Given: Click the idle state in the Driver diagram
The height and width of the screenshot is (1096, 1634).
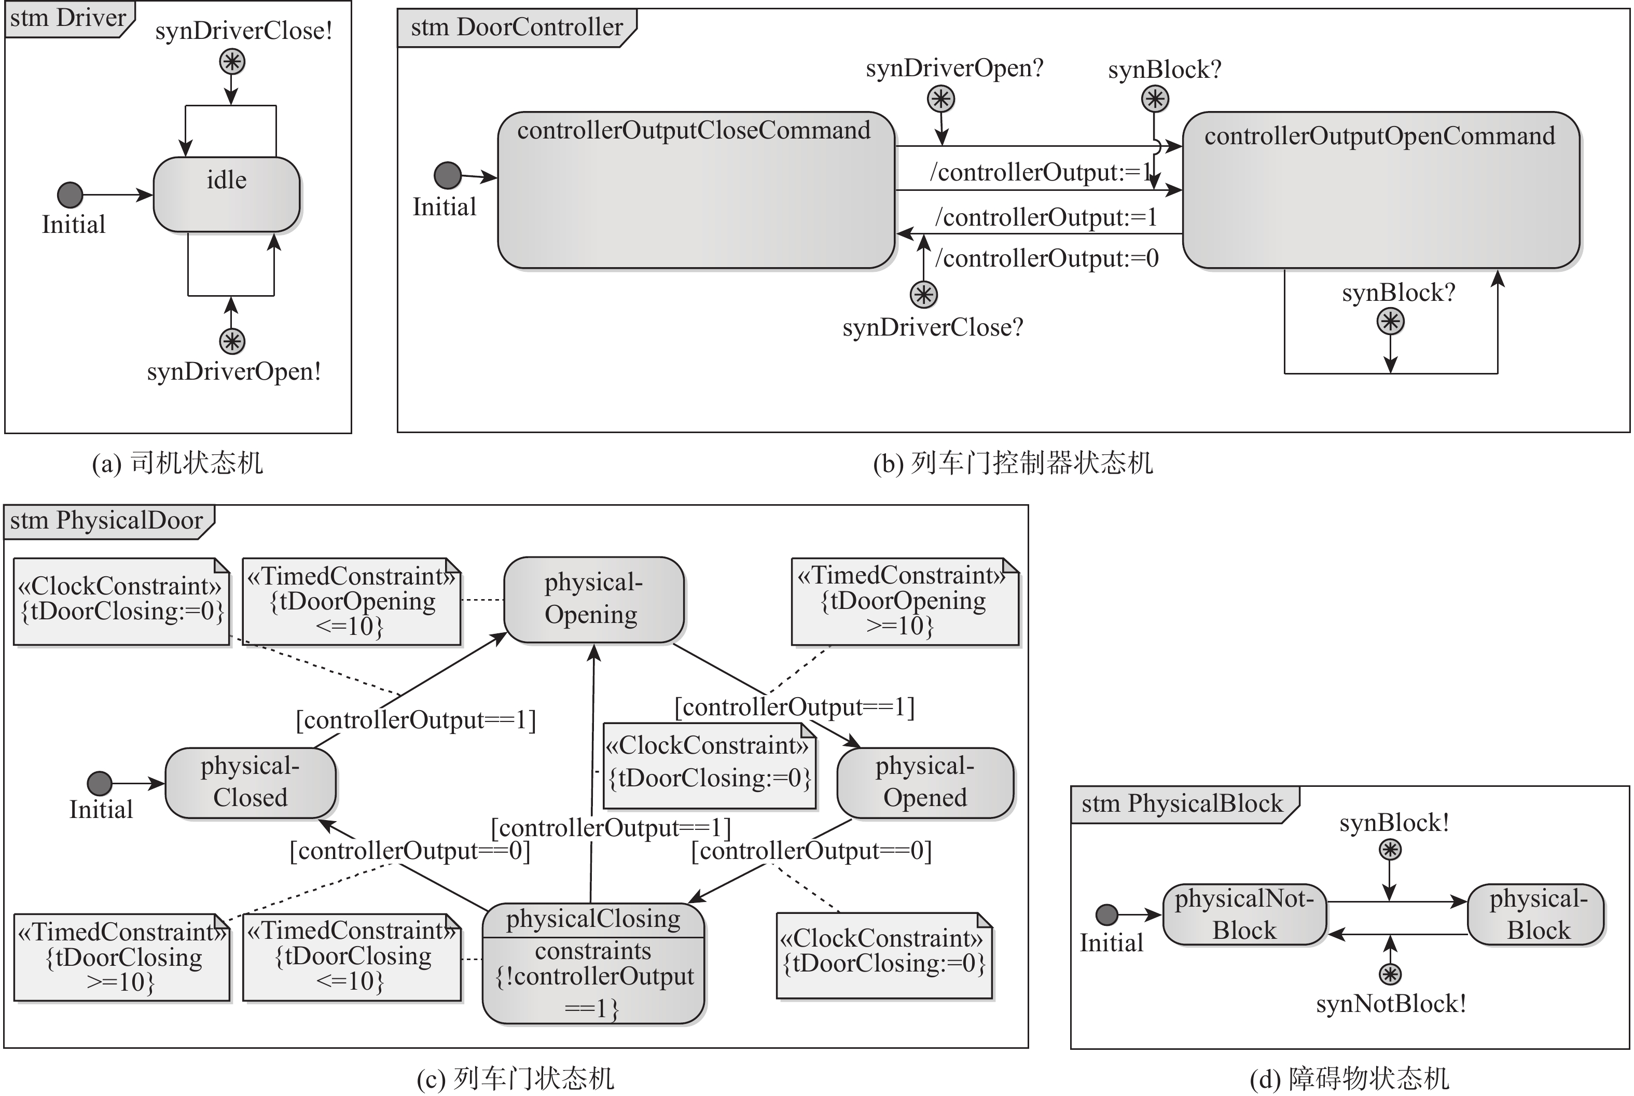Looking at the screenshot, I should point(227,195).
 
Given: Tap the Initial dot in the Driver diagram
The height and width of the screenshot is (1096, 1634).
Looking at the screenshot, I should point(70,195).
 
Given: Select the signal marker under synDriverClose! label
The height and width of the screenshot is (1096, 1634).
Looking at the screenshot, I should point(232,62).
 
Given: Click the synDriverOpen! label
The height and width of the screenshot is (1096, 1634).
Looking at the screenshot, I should point(233,371).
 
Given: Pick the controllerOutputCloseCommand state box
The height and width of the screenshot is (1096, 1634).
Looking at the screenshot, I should point(696,190).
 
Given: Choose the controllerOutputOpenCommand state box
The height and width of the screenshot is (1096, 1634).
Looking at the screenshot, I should point(1381,190).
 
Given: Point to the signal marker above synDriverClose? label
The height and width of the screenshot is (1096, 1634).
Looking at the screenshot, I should point(923,294).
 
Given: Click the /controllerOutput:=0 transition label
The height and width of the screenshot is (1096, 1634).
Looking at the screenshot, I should point(1047,259).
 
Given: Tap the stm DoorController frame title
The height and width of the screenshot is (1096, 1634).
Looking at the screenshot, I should point(517,27).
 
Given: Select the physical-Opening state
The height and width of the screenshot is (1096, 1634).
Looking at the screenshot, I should point(593,599).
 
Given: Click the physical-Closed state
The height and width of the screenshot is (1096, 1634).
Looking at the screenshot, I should point(250,782).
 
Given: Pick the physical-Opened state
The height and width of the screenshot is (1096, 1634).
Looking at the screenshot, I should point(924,782).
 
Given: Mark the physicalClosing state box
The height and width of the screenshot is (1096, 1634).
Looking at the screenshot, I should point(593,963).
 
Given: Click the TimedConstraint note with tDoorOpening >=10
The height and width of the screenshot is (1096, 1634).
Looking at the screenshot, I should point(904,601).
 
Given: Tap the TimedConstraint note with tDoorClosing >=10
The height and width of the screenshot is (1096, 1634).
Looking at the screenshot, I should point(121,957).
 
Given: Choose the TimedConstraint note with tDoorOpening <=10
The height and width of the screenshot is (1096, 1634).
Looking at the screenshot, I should point(352,601).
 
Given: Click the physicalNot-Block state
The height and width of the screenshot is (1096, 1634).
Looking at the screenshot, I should point(1244,914).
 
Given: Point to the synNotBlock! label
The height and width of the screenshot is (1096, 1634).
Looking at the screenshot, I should point(1390,1004).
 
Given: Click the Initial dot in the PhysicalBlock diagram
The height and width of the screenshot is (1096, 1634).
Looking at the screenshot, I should point(1106,914).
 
